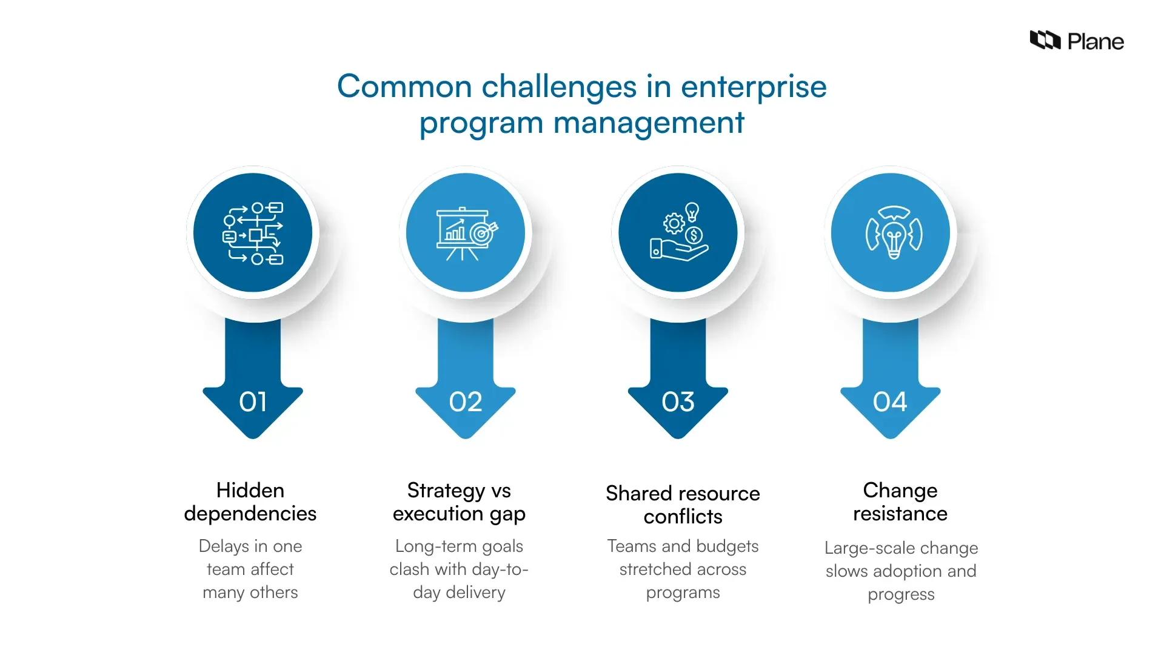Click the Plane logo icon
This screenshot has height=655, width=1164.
point(1045,41)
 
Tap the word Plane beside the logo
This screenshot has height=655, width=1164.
point(1095,42)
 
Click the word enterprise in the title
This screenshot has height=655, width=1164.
point(754,87)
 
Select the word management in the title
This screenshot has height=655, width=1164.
point(649,123)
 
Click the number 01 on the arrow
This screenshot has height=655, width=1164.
point(253,402)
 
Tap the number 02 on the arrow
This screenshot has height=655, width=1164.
point(466,402)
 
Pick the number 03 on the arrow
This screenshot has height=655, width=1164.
point(678,402)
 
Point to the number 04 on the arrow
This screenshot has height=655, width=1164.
point(890,402)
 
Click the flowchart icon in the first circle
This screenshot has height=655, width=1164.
point(253,233)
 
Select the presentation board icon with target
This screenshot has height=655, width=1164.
point(466,233)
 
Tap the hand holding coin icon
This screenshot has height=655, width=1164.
point(678,233)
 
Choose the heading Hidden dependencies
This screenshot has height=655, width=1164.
point(250,502)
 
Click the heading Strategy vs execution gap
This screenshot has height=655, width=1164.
point(459,502)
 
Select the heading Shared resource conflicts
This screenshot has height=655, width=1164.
point(683,505)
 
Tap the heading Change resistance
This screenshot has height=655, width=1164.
point(900,502)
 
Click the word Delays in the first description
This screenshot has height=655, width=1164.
point(224,546)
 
